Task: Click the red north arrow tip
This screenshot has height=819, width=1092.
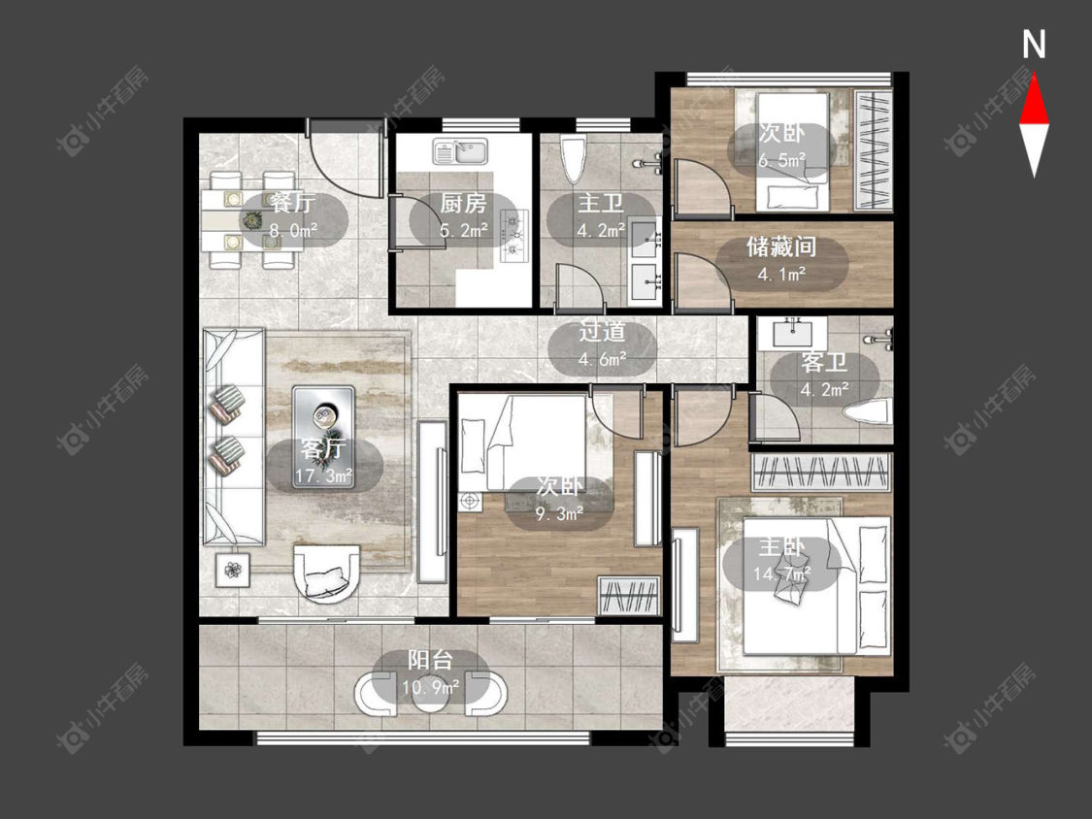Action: pos(1034,76)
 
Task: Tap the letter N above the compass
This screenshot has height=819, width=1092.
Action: pos(1034,45)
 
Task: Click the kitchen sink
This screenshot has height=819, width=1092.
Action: pos(460,151)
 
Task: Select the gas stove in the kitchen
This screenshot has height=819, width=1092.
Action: pos(514,237)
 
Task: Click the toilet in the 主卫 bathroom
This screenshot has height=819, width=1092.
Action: pos(574,159)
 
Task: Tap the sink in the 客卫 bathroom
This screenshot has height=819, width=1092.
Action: pos(792,332)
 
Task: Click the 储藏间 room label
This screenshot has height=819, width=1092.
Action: pos(780,246)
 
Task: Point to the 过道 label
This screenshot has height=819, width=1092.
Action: pos(602,332)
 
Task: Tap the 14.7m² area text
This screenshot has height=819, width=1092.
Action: pos(781,573)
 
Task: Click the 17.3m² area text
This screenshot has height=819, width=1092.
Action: pos(324,476)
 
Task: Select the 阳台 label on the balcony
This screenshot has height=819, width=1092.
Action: pos(430,660)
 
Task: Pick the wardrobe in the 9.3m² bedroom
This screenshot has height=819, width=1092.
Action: pos(629,596)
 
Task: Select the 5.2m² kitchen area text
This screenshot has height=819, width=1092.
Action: pos(464,230)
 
